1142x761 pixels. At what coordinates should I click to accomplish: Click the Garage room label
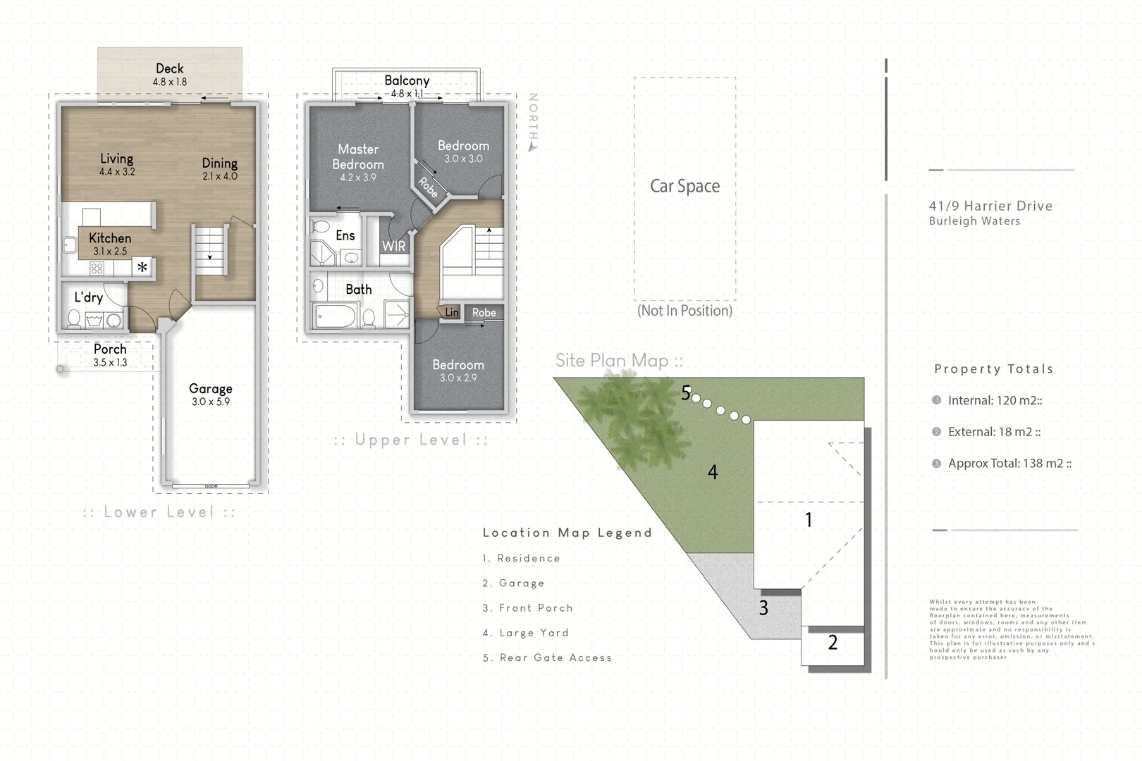[210, 389]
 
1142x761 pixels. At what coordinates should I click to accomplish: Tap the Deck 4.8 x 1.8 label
[169, 74]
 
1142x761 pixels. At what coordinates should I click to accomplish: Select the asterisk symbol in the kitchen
[142, 267]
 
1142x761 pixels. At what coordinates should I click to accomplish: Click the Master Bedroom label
[358, 157]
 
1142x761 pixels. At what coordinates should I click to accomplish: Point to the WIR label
[393, 246]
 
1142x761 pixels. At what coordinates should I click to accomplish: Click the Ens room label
[345, 235]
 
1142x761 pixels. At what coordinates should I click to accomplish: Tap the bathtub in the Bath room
[336, 316]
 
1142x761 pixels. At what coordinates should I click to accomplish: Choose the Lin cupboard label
[451, 312]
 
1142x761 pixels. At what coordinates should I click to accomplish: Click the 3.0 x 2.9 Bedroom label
[458, 370]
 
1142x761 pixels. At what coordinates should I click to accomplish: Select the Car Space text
[684, 186]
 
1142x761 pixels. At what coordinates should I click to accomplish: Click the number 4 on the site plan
[713, 472]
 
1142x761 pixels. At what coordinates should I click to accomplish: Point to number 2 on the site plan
[833, 643]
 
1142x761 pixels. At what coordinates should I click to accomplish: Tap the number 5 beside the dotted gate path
[685, 393]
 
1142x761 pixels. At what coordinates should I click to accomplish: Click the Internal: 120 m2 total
[994, 400]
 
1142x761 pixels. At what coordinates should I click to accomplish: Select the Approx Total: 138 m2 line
[1009, 463]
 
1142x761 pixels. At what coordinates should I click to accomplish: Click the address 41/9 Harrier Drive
[990, 206]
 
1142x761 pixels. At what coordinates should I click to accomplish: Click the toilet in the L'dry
[74, 319]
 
